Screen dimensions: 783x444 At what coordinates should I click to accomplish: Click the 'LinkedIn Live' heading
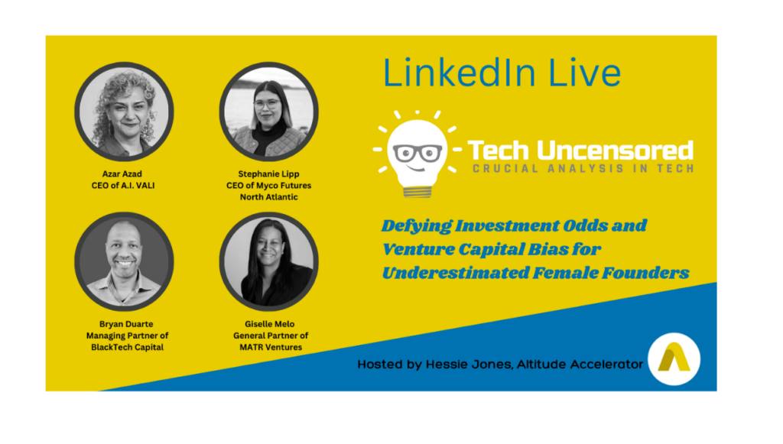tap(502, 73)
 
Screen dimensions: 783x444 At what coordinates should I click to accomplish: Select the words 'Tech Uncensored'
tap(580, 150)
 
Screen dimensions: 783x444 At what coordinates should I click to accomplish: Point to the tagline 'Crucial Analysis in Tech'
tap(583, 169)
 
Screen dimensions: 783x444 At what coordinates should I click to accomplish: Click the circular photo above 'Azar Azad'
tap(124, 112)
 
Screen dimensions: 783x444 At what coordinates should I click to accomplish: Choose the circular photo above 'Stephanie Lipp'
tap(268, 112)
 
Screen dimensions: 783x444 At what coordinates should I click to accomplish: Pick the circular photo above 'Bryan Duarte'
tap(124, 262)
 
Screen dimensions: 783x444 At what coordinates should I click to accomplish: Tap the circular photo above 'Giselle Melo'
tap(268, 262)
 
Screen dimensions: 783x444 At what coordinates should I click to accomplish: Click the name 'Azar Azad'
tap(122, 173)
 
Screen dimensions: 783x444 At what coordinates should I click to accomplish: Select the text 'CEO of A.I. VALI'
tap(123, 186)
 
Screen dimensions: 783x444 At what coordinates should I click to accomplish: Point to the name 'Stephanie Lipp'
tap(268, 174)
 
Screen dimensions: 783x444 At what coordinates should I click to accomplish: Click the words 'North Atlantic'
tap(268, 197)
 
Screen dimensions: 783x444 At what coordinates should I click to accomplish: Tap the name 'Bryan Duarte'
tap(126, 324)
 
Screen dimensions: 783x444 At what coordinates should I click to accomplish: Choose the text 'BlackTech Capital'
tap(127, 347)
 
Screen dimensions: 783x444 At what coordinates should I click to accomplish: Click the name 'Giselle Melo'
tap(270, 324)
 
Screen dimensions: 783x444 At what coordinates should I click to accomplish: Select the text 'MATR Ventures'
tap(271, 347)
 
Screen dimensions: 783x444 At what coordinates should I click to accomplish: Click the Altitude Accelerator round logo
tap(674, 359)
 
